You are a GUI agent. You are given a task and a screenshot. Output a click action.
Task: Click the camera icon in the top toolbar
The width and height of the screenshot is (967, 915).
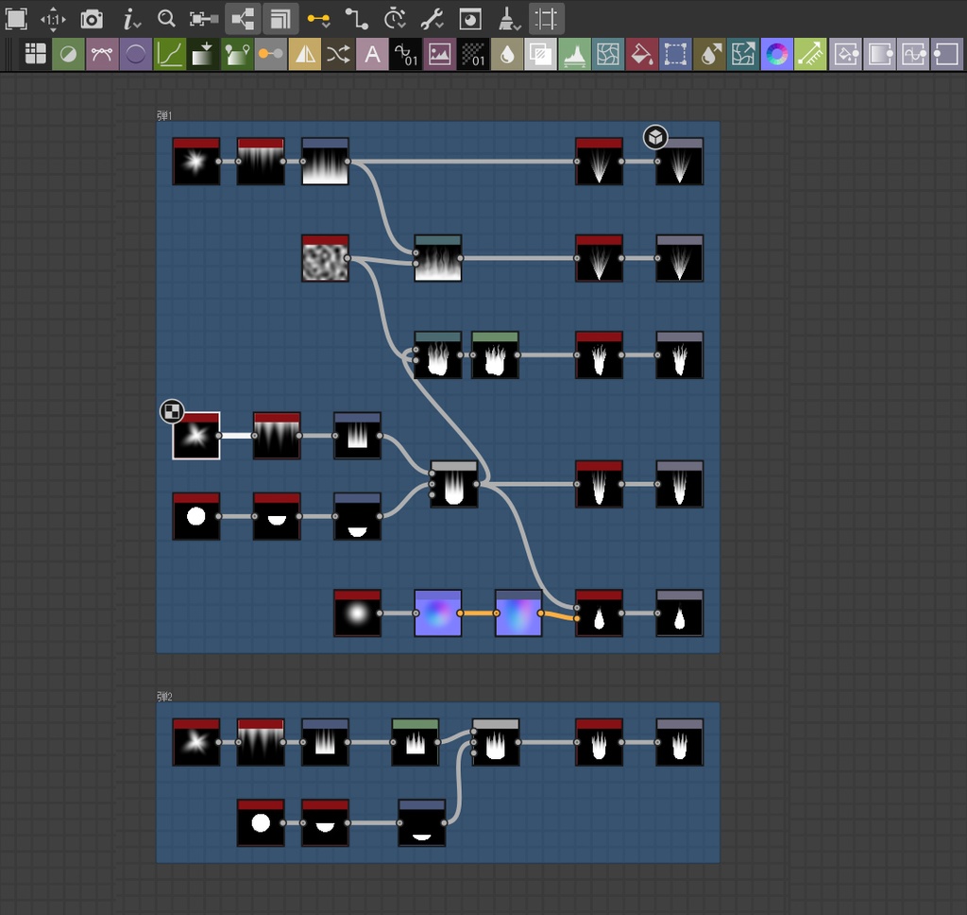92,19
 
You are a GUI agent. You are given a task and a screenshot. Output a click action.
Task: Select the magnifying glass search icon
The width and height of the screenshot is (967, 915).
166,19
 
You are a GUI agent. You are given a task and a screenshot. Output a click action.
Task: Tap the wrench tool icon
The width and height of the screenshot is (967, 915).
432,19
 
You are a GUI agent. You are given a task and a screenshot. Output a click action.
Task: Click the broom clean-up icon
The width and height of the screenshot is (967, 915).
507,19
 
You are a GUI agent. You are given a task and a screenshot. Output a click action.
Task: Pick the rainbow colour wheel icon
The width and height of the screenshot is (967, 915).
776,55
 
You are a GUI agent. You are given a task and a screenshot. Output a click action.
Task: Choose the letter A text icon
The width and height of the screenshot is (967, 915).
372,55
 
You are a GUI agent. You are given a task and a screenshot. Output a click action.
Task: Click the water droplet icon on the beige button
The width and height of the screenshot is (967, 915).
507,55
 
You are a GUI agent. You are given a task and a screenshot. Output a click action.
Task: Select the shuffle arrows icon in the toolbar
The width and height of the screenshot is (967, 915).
338,55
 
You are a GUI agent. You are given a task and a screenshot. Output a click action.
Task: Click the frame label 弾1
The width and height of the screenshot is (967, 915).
165,115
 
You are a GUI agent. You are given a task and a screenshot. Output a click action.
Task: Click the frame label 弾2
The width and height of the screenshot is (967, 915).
165,697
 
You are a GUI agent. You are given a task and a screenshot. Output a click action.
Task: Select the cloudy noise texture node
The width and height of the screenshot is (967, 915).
325,259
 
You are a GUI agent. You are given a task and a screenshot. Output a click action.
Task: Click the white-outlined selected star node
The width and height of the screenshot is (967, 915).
196,437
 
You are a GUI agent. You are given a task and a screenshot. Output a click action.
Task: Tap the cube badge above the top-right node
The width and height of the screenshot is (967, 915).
655,138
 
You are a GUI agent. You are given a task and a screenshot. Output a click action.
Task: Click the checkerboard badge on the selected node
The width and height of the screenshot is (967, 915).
172,410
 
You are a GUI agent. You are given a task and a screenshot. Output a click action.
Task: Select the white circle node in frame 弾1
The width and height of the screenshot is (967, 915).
196,517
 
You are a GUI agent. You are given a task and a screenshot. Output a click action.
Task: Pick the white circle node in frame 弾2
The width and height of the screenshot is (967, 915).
261,823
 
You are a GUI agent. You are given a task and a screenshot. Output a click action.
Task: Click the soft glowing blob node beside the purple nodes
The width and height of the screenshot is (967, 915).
358,613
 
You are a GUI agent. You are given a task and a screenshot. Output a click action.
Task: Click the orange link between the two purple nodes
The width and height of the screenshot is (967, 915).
478,613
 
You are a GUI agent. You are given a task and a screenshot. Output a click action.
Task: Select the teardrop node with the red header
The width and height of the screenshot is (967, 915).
600,613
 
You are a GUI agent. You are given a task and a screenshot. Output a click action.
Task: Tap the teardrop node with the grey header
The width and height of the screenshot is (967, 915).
680,613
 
